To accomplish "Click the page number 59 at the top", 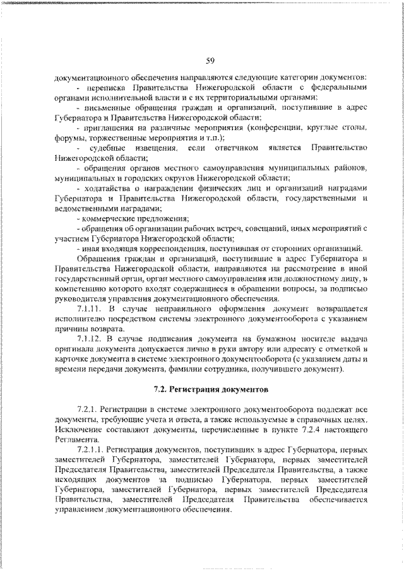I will click(210, 61).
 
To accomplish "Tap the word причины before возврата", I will click(73, 329).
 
